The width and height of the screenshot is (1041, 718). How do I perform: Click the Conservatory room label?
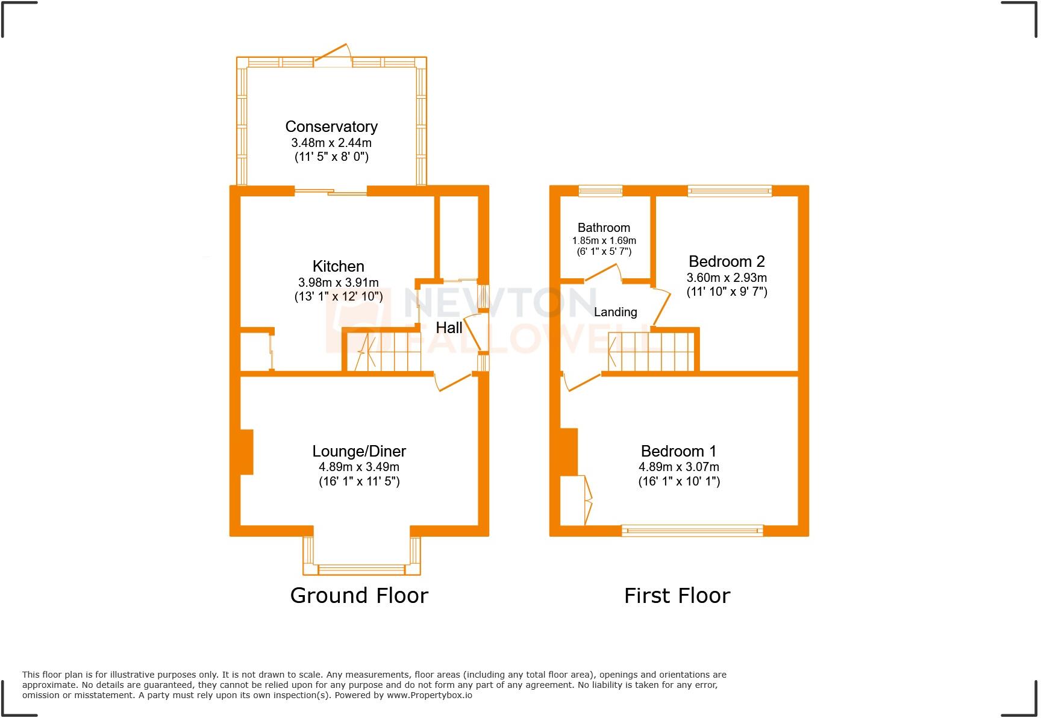tap(331, 126)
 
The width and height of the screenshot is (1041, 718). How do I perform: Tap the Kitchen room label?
tap(339, 266)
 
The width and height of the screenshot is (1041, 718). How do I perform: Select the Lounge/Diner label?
tap(359, 451)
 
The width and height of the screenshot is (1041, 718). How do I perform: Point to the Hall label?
tap(449, 328)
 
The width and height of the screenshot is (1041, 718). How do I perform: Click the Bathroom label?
tap(604, 228)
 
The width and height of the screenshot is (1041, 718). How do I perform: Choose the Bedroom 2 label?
tap(727, 261)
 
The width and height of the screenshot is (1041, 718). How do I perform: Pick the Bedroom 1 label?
tap(679, 451)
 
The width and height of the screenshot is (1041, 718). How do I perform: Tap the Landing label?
tap(615, 312)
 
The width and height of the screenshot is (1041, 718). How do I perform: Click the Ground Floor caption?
tap(359, 596)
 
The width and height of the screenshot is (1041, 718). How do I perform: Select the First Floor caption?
tap(677, 596)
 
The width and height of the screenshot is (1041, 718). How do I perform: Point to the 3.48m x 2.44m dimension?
tap(331, 143)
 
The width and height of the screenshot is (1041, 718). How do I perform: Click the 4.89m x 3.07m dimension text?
tap(679, 467)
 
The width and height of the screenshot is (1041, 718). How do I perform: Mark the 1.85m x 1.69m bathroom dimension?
tap(604, 240)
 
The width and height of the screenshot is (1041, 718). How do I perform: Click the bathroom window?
tap(601, 191)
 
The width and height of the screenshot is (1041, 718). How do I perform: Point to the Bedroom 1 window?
tap(692, 531)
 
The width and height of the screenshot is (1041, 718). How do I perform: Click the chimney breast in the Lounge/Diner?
tap(247, 451)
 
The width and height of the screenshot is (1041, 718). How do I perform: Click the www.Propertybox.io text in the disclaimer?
tap(430, 695)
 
